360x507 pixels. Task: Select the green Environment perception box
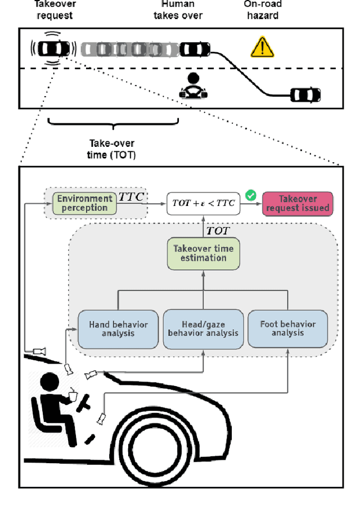point(85,203)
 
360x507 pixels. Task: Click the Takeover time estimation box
point(203,253)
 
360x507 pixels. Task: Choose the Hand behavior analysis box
point(118,329)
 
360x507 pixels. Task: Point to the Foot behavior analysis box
point(287,329)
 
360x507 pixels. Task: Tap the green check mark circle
point(251,195)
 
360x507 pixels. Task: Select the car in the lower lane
point(305,95)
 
